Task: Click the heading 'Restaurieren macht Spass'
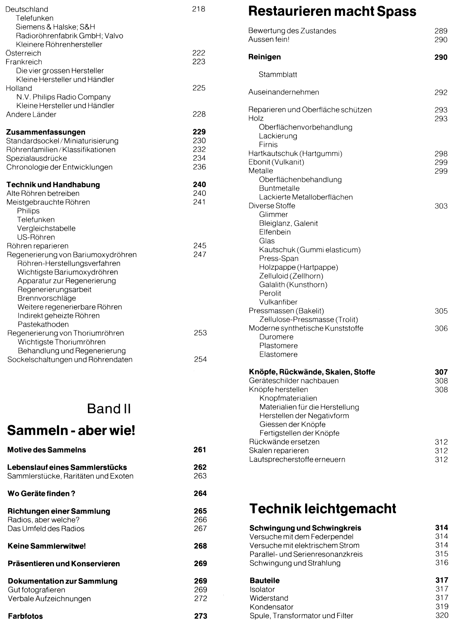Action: coord(332,12)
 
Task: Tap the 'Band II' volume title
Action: coord(109,409)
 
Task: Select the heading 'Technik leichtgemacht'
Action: coord(323,509)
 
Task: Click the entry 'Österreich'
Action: coord(24,53)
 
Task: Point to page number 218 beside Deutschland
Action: coord(199,9)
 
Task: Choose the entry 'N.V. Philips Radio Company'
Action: coord(63,97)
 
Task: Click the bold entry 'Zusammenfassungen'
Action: coord(46,132)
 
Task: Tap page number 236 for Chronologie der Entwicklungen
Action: coord(199,167)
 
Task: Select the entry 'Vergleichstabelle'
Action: coord(46,228)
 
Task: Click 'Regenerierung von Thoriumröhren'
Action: coord(66,333)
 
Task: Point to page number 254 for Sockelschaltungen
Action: coord(200,359)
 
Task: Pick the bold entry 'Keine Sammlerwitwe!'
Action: coord(47,546)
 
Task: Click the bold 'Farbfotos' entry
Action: coord(25,616)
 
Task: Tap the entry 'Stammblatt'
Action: coord(278,75)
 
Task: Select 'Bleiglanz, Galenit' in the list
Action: coord(288,223)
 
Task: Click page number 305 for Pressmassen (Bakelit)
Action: coord(441,311)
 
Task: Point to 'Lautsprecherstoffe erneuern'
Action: coord(297,459)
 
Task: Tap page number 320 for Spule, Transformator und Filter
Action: coord(442,615)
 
